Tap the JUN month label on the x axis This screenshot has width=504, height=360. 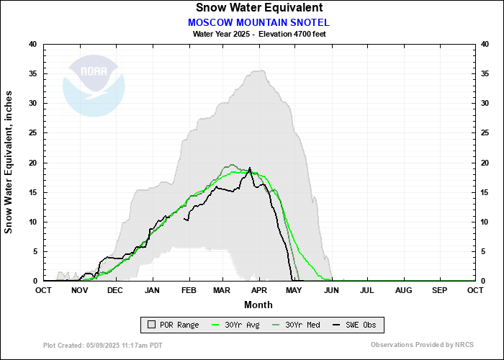coord(331,290)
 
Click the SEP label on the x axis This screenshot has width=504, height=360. coord(439,290)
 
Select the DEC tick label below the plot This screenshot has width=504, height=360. coord(115,290)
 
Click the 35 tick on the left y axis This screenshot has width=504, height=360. coord(32,73)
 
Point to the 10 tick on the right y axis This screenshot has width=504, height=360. coord(485,222)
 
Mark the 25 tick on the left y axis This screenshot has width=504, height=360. coord(32,133)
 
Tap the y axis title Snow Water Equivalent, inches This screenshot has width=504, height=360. coord(9,162)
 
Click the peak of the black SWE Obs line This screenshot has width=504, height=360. coord(250,168)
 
